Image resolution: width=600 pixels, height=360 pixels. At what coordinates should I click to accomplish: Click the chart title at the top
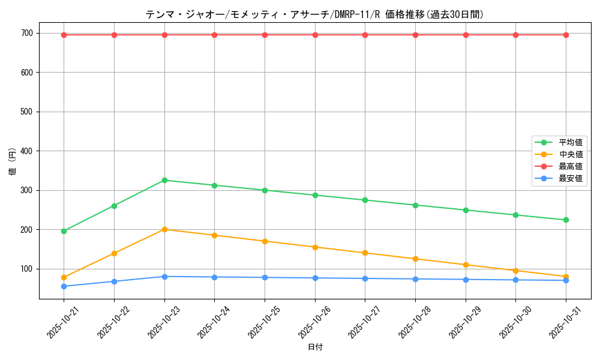[314, 14]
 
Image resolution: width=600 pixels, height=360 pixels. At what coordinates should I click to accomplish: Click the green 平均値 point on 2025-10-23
[164, 180]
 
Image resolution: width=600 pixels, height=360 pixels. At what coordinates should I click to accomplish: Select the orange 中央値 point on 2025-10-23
[164, 229]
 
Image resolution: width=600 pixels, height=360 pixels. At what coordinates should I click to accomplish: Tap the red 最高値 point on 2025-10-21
[64, 35]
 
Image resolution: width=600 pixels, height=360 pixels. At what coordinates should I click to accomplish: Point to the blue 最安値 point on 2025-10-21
[64, 286]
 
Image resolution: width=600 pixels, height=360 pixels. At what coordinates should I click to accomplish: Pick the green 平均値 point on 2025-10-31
[566, 220]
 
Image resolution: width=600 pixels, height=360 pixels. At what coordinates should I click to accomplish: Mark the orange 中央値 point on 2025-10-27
[365, 253]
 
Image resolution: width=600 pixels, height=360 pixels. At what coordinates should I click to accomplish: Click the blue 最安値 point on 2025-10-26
[315, 278]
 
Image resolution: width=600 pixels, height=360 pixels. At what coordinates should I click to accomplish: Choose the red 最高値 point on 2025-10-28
[415, 35]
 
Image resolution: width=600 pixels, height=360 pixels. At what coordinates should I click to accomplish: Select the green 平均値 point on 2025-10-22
[114, 206]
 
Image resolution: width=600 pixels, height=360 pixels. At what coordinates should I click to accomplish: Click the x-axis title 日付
[315, 347]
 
